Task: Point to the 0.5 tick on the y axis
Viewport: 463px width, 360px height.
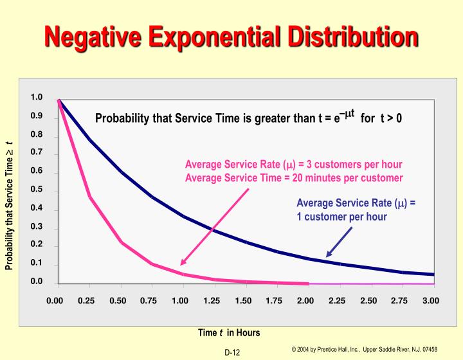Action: coord(37,190)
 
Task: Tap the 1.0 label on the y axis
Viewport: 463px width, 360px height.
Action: coord(37,98)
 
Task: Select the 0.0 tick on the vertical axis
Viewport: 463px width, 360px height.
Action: coord(37,282)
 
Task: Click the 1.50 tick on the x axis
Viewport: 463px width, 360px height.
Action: coord(243,300)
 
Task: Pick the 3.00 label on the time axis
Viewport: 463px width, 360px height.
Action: coord(431,300)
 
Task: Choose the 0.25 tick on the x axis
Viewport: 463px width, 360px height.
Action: coord(86,300)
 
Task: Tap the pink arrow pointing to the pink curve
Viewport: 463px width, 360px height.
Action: coord(214,227)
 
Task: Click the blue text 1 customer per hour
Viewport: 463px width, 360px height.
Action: coord(341,217)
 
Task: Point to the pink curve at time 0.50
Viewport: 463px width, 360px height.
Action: coord(121,242)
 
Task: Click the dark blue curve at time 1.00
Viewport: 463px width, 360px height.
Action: coord(184,217)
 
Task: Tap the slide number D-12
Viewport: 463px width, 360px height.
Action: coord(232,352)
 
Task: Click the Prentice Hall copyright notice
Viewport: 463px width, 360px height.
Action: coord(364,349)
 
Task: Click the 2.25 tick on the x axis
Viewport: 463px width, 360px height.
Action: coord(337,300)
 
